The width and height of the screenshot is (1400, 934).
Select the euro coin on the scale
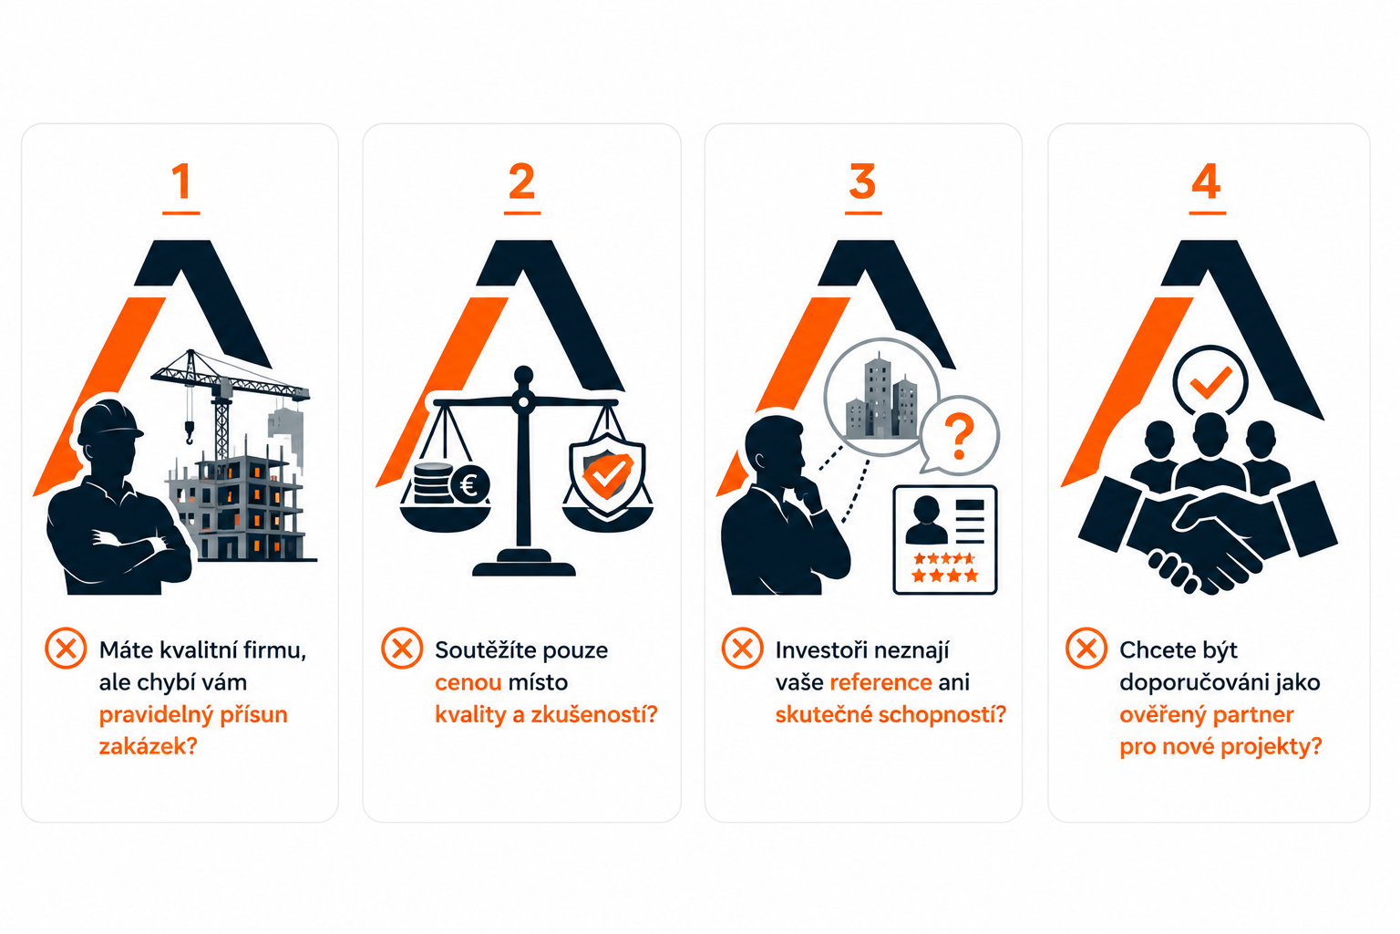pyautogui.click(x=469, y=484)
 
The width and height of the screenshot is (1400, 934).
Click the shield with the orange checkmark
pyautogui.click(x=607, y=474)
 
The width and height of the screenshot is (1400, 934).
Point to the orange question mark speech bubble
pyautogui.click(x=960, y=435)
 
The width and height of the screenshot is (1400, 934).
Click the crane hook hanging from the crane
pyautogui.click(x=190, y=431)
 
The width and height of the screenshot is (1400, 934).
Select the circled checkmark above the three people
pyautogui.click(x=1210, y=381)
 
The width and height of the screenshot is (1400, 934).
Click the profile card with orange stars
pyautogui.click(x=945, y=539)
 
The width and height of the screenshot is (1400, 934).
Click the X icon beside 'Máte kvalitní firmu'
pyautogui.click(x=66, y=649)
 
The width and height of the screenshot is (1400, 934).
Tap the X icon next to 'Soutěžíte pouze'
pyautogui.click(x=402, y=649)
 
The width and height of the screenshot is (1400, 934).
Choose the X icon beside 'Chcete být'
pyautogui.click(x=1086, y=649)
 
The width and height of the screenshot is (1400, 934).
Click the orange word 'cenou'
pyautogui.click(x=468, y=682)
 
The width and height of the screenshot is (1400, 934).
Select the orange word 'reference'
pyautogui.click(x=881, y=682)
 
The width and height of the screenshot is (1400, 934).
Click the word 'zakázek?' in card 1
pyautogui.click(x=149, y=746)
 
